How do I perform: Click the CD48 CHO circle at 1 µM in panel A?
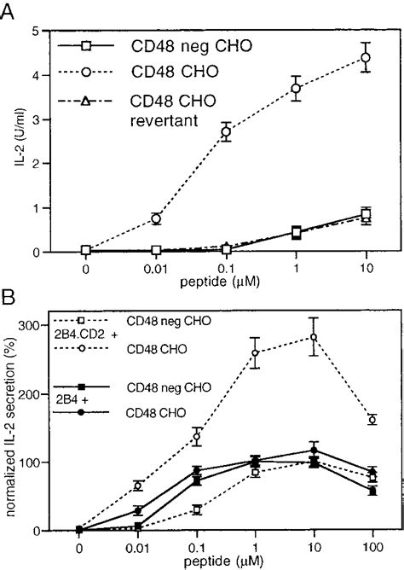297,88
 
